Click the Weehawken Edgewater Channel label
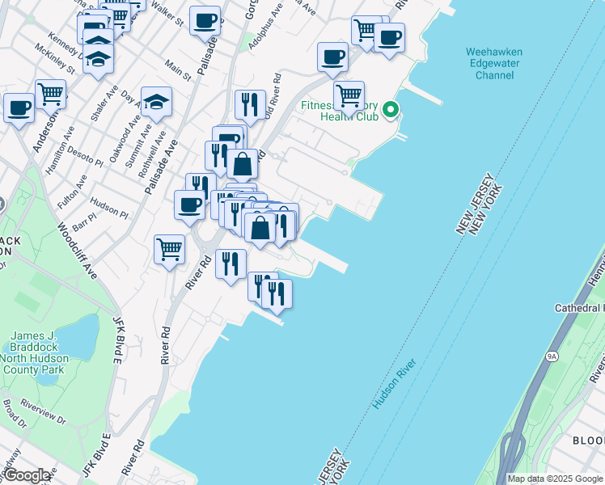click(x=494, y=64)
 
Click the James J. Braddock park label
click(x=39, y=352)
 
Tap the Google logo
click(x=27, y=475)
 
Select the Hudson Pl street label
click(x=109, y=207)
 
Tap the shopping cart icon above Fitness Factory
click(x=349, y=95)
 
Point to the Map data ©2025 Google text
click(x=555, y=479)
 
